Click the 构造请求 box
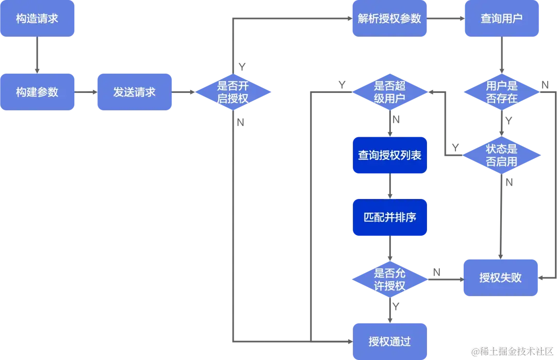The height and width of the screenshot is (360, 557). (37, 19)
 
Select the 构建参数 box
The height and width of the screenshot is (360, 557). (37, 92)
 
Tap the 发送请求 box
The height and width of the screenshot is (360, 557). (134, 92)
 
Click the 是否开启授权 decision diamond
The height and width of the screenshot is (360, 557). (233, 92)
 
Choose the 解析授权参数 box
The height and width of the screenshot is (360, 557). (389, 19)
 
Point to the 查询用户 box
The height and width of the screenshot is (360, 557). (501, 19)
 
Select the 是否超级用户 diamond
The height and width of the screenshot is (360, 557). (389, 92)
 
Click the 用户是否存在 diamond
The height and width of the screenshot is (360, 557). (501, 92)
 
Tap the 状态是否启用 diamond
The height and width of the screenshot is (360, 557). (501, 155)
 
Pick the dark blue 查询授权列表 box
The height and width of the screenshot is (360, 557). (389, 155)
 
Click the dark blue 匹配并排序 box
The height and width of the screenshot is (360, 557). (389, 217)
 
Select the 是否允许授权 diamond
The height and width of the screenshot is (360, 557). (389, 280)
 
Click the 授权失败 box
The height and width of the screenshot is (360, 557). (500, 277)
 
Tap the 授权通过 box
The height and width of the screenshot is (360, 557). (389, 341)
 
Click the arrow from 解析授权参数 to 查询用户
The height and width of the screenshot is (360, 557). (446, 19)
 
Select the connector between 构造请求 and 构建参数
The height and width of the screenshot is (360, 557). (37, 55)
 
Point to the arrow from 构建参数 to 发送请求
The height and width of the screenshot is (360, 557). (86, 92)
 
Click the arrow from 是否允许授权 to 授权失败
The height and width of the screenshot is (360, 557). (446, 279)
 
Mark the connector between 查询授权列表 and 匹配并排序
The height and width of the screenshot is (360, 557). (389, 186)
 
